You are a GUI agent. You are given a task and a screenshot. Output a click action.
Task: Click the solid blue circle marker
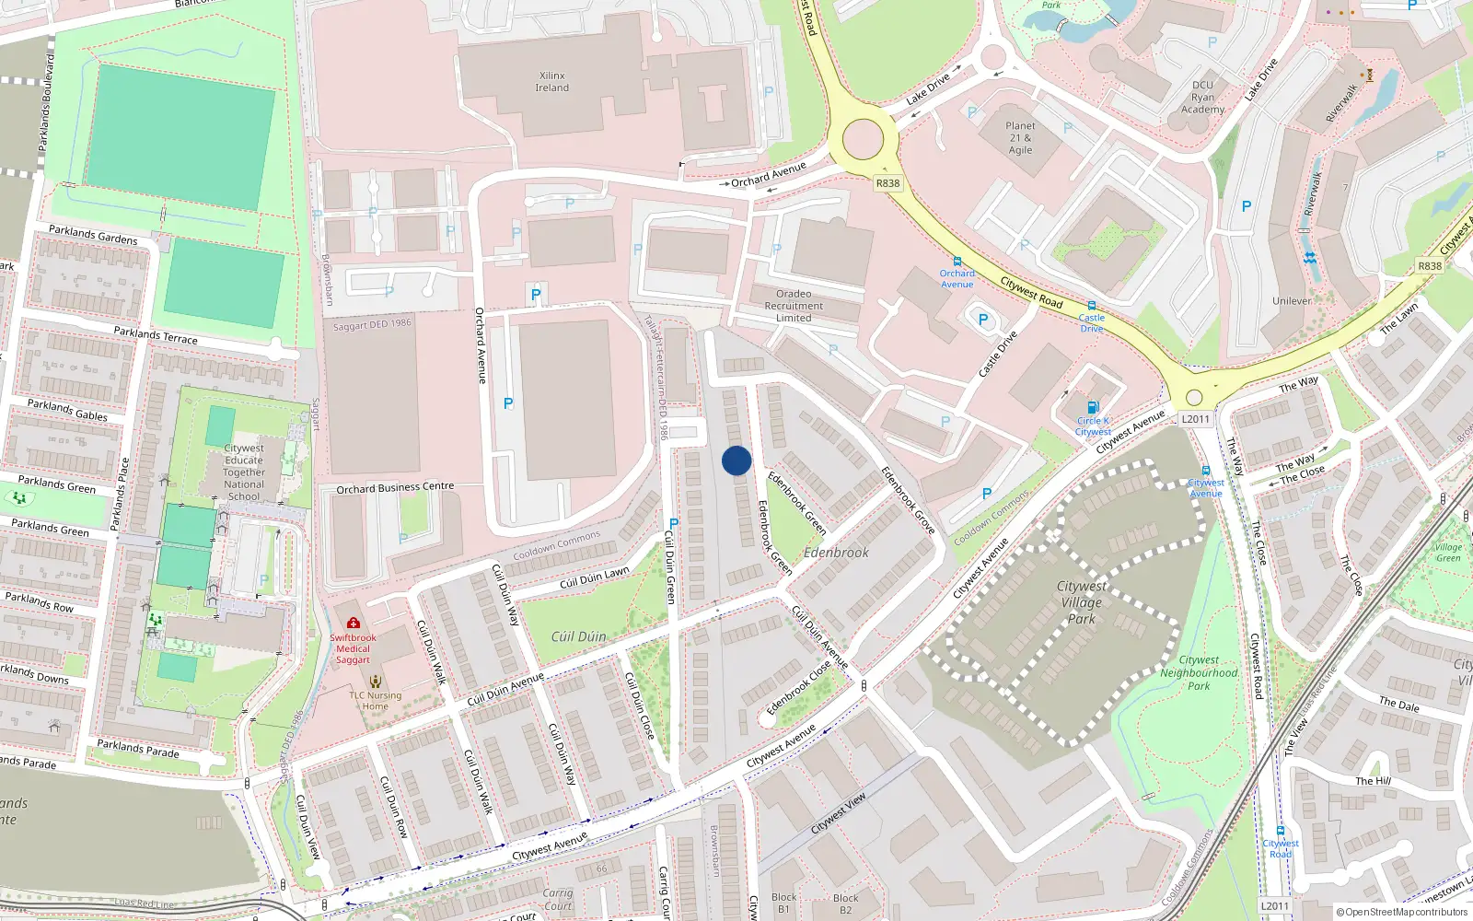point(736,460)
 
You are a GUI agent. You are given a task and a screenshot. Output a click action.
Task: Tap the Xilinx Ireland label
point(551,82)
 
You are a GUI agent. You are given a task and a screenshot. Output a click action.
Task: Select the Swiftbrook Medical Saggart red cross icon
point(354,623)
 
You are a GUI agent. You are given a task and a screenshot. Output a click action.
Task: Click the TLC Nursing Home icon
point(375,682)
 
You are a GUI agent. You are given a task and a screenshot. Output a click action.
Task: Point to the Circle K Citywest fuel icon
point(1093,407)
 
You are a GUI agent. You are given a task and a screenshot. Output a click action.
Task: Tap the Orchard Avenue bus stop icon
point(957,262)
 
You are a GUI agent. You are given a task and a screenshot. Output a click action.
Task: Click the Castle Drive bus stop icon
point(1091,306)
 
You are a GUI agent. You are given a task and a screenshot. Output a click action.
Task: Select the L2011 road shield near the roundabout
point(1195,419)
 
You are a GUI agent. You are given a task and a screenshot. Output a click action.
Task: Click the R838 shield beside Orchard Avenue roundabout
point(887,183)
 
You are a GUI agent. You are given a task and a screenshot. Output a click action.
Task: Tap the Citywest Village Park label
point(1081,602)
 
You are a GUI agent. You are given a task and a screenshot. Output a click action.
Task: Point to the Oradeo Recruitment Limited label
point(794,306)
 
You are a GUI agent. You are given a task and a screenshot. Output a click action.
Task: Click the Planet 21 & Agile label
point(1020,138)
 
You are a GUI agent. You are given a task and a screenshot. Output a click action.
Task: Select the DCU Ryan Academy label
point(1202,97)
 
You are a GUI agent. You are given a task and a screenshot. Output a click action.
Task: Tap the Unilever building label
point(1292,301)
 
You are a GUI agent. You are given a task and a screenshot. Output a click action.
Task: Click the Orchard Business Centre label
point(395,487)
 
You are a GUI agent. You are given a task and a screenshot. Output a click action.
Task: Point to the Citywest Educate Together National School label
point(244,472)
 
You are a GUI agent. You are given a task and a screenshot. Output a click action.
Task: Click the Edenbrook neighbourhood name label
point(836,553)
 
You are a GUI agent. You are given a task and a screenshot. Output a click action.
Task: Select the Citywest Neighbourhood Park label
point(1199,672)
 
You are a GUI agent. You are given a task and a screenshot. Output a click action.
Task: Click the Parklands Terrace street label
point(156,334)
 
